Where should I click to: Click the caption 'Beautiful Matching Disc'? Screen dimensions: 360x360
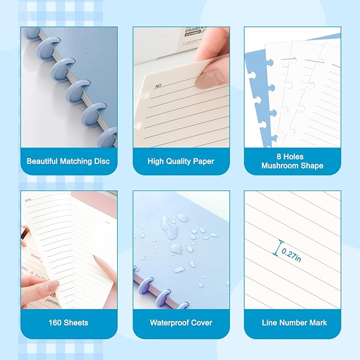coord(68,161)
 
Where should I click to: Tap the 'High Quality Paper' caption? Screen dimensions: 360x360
coord(181,161)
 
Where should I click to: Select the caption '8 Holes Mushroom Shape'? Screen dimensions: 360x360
coord(292,161)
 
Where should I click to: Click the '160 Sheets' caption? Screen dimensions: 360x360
coord(68,322)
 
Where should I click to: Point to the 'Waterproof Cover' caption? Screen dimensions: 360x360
coord(181,322)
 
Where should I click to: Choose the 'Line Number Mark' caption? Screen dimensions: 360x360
coord(292,322)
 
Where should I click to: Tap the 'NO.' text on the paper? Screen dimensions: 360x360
coord(157,85)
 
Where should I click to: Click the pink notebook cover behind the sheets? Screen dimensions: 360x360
coord(101,207)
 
